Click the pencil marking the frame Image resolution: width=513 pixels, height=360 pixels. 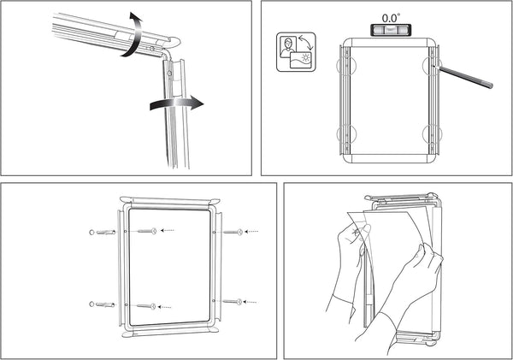pos(466,76)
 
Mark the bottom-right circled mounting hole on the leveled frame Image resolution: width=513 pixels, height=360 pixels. pos(432,133)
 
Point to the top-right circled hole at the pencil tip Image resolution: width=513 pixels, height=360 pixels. pos(433,65)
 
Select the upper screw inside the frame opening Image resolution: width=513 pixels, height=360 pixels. pos(146,230)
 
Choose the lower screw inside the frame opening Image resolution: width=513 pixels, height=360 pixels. pos(146,305)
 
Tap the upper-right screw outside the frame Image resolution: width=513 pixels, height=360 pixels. pos(233,230)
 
